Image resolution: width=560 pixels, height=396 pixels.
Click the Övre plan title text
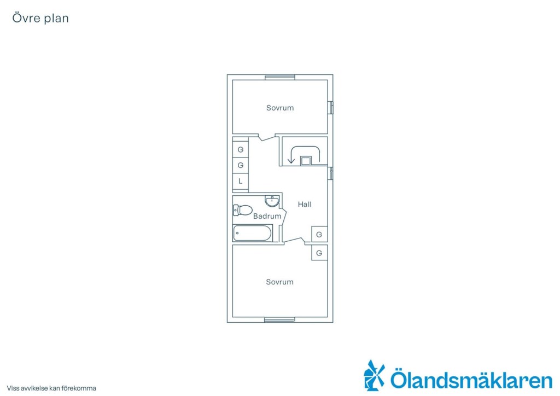pos(40,18)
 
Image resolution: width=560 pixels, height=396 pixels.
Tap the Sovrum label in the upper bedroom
pos(280,108)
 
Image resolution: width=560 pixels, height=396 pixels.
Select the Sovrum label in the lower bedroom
pos(279,282)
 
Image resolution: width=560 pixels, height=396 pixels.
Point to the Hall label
pos(305,204)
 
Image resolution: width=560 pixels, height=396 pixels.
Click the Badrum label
pos(267,216)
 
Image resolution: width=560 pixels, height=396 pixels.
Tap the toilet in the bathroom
pos(242,210)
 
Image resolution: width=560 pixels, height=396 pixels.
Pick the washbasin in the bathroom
pos(272,201)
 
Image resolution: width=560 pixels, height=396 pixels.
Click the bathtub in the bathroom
pos(252,233)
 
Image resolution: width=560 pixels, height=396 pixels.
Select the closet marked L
pos(241,181)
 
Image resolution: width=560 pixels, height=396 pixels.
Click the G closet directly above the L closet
pos(241,165)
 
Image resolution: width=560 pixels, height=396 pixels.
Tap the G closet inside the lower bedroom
pos(319,253)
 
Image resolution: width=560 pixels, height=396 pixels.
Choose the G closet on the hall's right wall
pos(319,234)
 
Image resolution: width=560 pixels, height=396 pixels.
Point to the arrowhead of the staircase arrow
pos(291,161)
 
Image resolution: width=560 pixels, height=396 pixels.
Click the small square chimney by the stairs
pos(306,161)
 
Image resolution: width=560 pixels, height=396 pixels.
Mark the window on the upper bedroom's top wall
pos(280,77)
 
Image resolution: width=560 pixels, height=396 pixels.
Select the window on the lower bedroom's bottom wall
pos(279,319)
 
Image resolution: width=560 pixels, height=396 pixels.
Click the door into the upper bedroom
pos(266,137)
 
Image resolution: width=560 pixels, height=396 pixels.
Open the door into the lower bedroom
pos(294,241)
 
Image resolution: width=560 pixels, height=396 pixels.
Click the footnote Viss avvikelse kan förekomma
pos(51,388)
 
